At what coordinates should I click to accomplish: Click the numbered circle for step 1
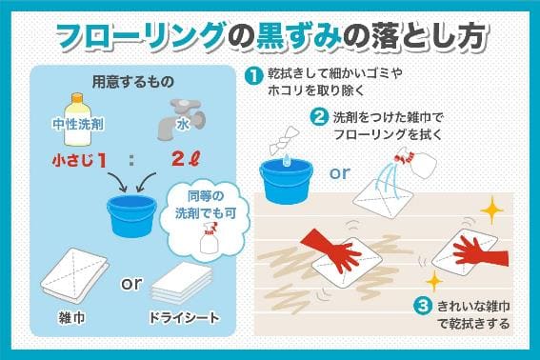click(x=252, y=76)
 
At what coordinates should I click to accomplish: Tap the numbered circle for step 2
click(x=318, y=117)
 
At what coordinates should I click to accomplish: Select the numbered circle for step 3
click(x=424, y=306)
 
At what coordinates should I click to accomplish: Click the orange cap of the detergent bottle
click(x=77, y=97)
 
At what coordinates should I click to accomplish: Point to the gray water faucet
click(x=182, y=119)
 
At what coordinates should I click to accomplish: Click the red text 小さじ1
click(x=79, y=161)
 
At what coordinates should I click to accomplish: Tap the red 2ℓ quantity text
click(x=186, y=159)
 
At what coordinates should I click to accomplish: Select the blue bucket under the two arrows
click(x=131, y=215)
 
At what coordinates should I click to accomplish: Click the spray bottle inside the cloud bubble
click(x=210, y=238)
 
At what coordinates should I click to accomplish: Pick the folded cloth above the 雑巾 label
click(x=74, y=271)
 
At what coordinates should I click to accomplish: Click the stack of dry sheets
click(x=182, y=282)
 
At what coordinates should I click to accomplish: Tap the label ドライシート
click(x=184, y=318)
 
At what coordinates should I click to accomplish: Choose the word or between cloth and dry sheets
click(x=131, y=284)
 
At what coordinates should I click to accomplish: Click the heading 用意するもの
click(x=133, y=82)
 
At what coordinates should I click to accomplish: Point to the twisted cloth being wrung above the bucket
click(x=283, y=142)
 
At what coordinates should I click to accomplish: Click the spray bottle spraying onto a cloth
click(x=415, y=164)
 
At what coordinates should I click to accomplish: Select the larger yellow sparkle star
click(x=491, y=210)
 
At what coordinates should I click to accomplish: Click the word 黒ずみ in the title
click(x=299, y=36)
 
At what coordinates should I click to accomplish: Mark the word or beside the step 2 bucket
click(x=340, y=172)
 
